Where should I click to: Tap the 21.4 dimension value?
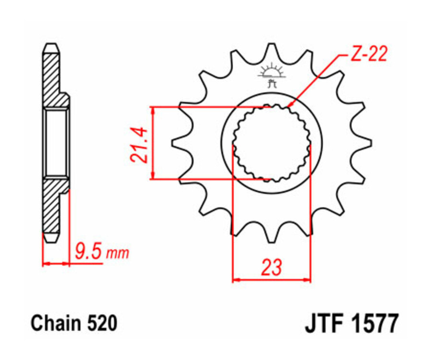(139, 143)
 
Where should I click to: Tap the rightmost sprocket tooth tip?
(371, 143)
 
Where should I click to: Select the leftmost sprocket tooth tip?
(172, 143)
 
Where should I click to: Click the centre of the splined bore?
(272, 143)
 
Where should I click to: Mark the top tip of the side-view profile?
(51, 45)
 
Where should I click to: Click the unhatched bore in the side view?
(56, 142)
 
